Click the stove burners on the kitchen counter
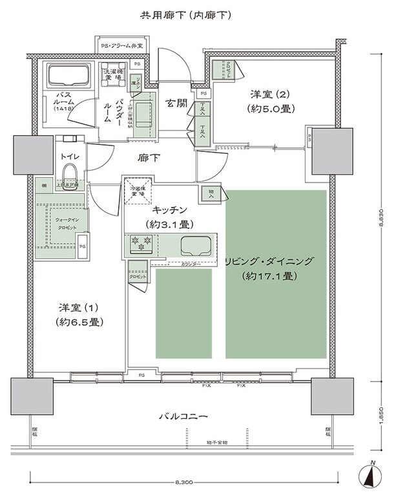[140, 245]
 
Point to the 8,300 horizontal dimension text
[185, 483]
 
